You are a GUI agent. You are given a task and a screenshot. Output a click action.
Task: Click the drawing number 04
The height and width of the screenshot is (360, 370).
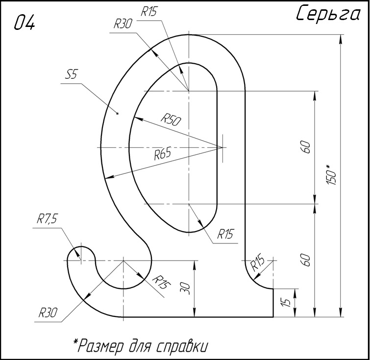pos(25,23)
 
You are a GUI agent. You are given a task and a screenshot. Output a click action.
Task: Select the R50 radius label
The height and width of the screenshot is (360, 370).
pos(171,120)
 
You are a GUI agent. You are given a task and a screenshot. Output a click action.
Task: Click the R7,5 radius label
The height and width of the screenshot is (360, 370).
pos(47,218)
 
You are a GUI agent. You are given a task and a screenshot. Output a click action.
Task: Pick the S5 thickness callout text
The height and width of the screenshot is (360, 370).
pos(72,75)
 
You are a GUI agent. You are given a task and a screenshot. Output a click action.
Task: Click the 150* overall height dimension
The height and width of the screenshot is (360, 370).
pos(332,174)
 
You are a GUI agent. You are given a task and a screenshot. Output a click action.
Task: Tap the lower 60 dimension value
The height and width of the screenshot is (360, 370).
pos(306,260)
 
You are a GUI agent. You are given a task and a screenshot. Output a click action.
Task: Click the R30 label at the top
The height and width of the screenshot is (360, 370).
pos(123,24)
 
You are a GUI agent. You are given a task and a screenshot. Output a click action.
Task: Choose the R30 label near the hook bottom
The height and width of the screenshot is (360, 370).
pos(48,313)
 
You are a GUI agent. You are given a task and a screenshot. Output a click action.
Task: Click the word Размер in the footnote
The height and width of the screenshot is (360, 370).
pos(100,346)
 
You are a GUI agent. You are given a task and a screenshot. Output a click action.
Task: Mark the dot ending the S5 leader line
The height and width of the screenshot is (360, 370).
pos(118,114)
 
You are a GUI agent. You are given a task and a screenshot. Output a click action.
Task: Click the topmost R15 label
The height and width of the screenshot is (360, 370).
pos(149,11)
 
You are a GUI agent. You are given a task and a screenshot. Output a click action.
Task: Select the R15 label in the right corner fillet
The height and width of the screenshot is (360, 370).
pos(257,262)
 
